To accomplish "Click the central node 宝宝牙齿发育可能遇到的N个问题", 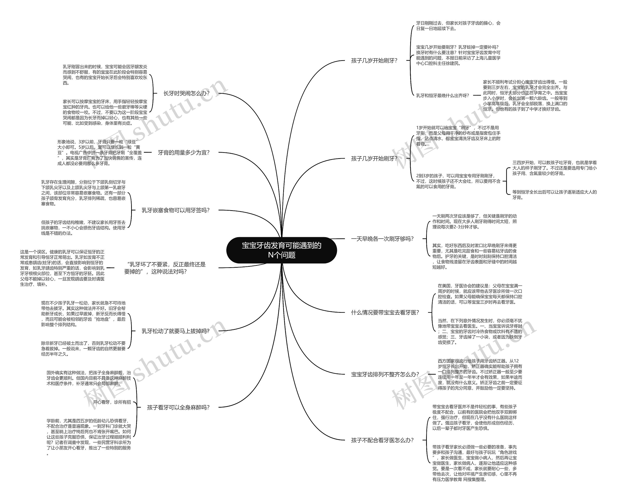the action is [x=282, y=250].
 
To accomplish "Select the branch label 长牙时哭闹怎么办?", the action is [x=186, y=93].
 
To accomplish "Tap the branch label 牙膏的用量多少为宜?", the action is [x=184, y=152].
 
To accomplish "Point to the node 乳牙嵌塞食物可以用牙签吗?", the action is [x=175, y=210].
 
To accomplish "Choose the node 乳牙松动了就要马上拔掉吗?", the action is [x=175, y=331].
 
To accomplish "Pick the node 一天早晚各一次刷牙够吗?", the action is [x=382, y=239].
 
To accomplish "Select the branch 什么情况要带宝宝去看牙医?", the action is [x=385, y=313].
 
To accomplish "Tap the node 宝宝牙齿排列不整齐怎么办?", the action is [x=385, y=374].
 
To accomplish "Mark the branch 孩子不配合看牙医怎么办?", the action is [x=382, y=440].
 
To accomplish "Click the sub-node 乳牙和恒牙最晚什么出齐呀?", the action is [x=443, y=95].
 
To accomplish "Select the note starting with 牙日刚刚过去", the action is [x=458, y=26].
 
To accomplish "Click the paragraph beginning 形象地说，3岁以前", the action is [x=100, y=153].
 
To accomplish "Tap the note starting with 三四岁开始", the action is [x=555, y=168].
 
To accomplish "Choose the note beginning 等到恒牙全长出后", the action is [x=555, y=195].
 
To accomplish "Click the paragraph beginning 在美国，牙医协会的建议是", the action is [x=480, y=294].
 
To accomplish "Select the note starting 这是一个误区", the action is [x=62, y=268].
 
